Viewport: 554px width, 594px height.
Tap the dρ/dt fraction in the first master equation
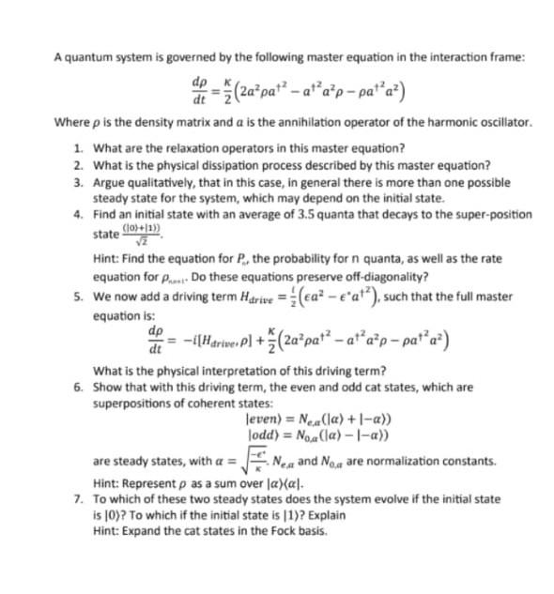(199, 91)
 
